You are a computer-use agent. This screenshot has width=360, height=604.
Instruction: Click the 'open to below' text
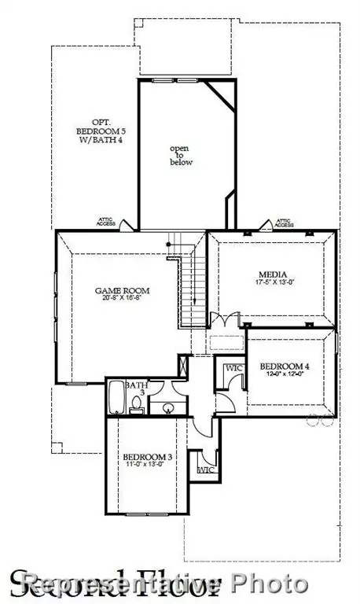(x=182, y=154)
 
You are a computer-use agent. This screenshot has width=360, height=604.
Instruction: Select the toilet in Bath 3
(x=136, y=404)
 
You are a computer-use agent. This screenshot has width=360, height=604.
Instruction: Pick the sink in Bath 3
(x=167, y=407)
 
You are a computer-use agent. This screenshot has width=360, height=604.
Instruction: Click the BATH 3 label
(x=138, y=389)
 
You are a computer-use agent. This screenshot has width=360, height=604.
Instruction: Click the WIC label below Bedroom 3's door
(x=206, y=470)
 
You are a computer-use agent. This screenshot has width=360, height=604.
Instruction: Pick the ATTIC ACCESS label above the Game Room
(x=107, y=223)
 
